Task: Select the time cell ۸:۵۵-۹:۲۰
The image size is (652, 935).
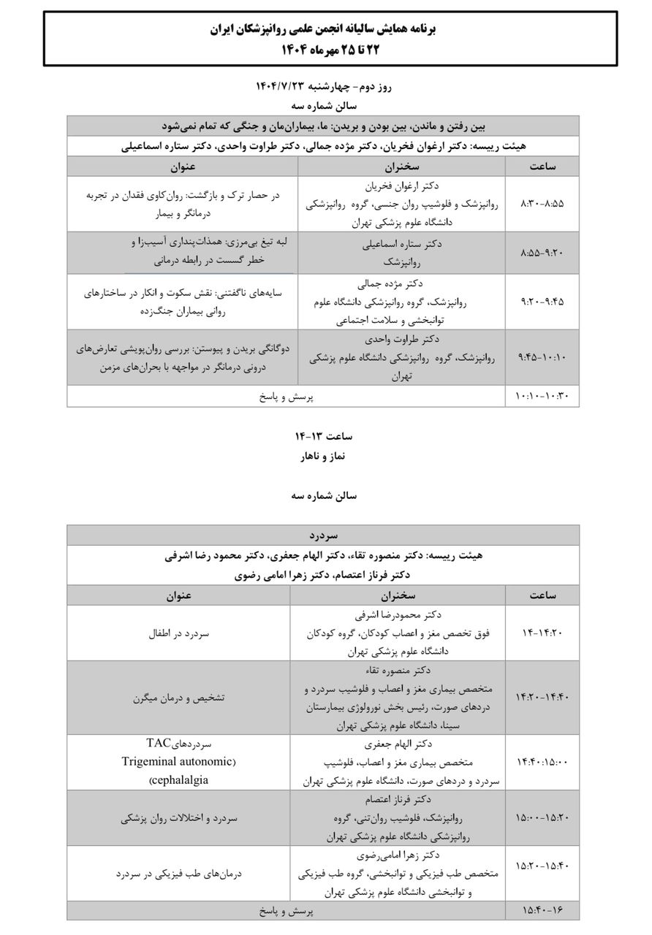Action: click(x=542, y=252)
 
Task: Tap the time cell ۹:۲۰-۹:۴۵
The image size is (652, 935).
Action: click(x=542, y=300)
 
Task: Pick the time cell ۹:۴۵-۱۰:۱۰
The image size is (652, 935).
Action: click(x=542, y=357)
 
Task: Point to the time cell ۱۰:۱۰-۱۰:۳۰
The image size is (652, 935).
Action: click(x=542, y=396)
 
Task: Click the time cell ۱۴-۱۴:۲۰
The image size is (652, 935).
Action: click(x=542, y=633)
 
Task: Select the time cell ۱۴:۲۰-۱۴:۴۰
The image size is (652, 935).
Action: click(x=542, y=698)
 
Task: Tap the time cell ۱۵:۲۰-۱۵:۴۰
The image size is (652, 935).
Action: click(x=542, y=866)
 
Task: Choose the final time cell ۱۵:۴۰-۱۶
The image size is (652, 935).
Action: click(x=542, y=910)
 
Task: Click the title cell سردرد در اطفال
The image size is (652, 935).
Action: click(x=178, y=633)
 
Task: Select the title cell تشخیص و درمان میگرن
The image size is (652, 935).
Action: click(x=178, y=698)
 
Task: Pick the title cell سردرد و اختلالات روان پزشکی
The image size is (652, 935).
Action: click(x=178, y=818)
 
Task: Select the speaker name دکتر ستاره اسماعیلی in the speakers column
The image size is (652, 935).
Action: click(x=401, y=244)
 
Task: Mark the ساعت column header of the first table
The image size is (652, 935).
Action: click(x=542, y=167)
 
